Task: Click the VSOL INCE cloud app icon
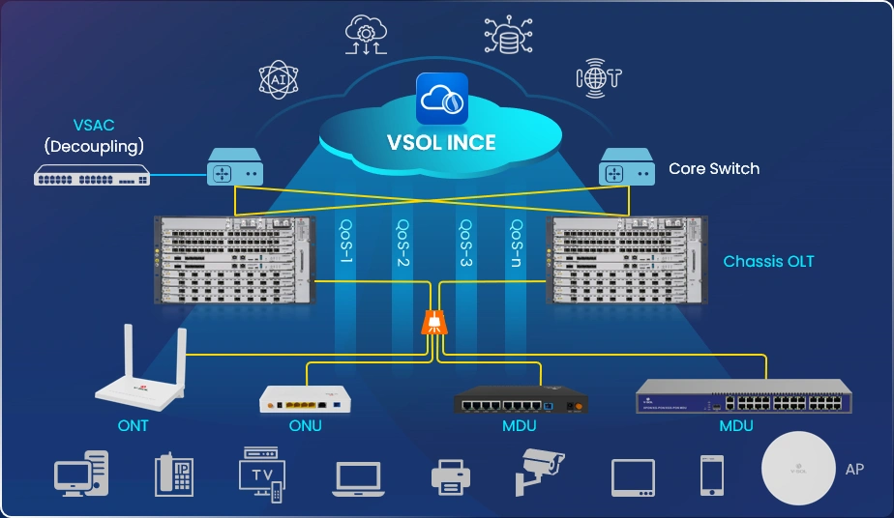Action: (x=441, y=99)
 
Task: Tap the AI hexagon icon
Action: (x=277, y=80)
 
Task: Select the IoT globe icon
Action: (x=598, y=77)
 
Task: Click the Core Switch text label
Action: (x=714, y=168)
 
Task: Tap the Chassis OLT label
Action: (x=768, y=262)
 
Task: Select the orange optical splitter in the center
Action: (x=435, y=322)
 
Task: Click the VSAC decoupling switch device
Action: (x=92, y=176)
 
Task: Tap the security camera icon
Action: (x=538, y=472)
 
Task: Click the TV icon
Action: (x=262, y=473)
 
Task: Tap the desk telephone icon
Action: (x=175, y=475)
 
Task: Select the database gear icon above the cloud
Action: (x=508, y=34)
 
